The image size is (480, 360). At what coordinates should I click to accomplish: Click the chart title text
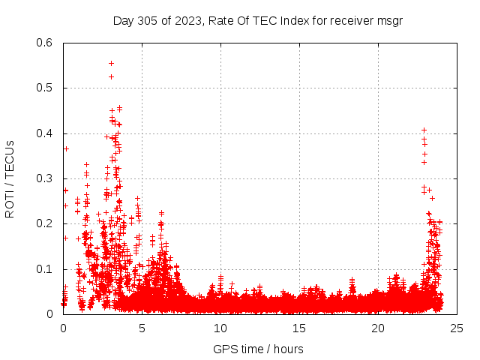[x=257, y=21]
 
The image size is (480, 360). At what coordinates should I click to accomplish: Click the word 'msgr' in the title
[x=390, y=21]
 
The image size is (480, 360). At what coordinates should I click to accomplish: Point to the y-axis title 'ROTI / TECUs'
[x=10, y=178]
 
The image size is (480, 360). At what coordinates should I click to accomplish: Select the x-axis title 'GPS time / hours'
[x=257, y=349]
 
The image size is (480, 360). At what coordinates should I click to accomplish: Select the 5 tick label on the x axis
[x=142, y=328]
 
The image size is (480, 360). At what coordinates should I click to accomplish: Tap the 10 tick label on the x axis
[x=220, y=328]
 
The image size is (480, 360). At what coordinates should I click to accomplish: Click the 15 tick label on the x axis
[x=299, y=328]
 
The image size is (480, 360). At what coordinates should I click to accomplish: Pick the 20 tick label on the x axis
[x=378, y=328]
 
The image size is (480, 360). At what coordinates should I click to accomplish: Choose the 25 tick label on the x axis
[x=457, y=328]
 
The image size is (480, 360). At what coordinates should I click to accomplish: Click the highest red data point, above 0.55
[x=111, y=63]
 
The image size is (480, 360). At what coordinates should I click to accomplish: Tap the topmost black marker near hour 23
[x=424, y=130]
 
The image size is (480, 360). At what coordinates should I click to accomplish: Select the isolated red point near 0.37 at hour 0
[x=66, y=148]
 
